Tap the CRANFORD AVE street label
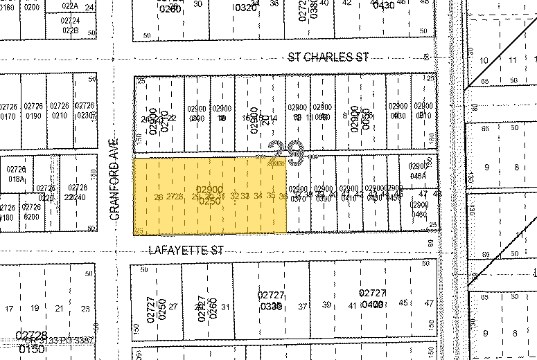pos(116,177)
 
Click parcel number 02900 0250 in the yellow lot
pos(209,194)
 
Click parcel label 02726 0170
pos(8,111)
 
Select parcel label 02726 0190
pos(33,111)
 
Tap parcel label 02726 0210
pos(60,111)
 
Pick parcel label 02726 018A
pos(17,174)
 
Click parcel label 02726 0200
pos(32,211)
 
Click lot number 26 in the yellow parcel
pos(159,197)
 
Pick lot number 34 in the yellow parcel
pos(258,197)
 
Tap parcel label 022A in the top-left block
pos(70,6)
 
